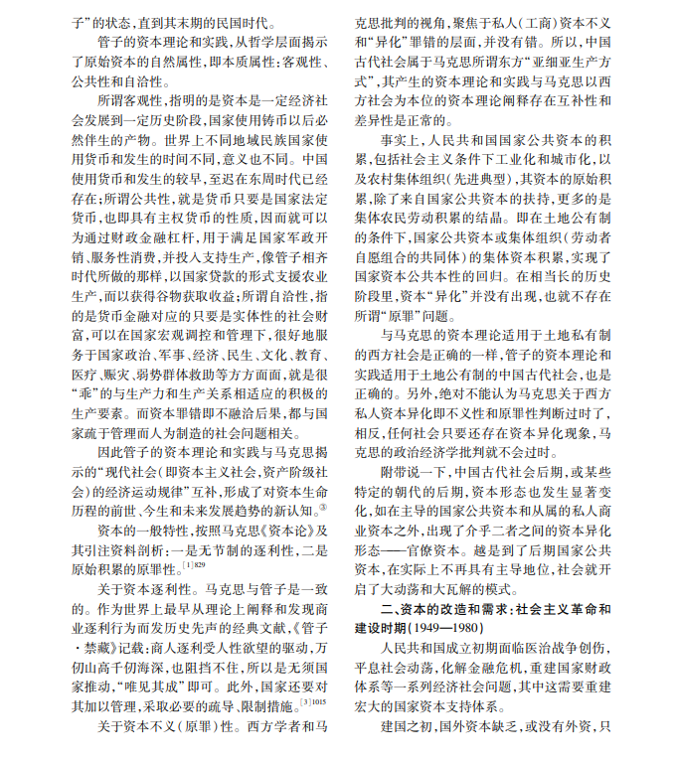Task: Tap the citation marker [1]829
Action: (x=194, y=565)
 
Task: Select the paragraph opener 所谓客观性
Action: (x=124, y=101)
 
